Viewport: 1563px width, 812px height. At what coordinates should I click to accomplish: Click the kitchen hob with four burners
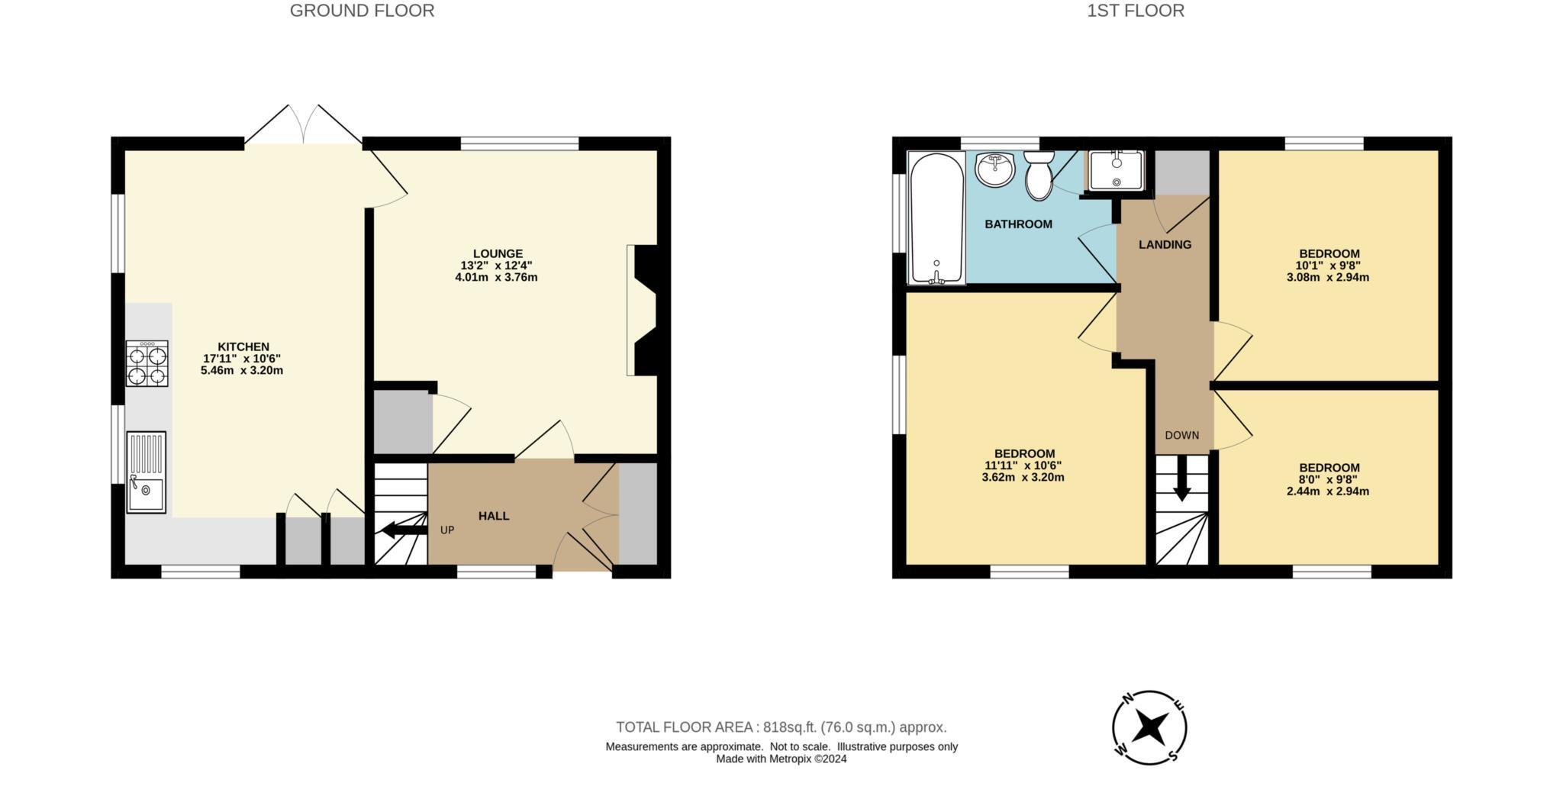(147, 364)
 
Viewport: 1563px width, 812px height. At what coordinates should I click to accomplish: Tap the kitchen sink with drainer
(146, 472)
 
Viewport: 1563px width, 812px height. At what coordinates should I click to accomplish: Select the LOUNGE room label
(498, 253)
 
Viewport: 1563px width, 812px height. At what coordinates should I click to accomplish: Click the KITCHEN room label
(243, 346)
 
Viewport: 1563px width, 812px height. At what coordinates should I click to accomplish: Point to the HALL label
(494, 516)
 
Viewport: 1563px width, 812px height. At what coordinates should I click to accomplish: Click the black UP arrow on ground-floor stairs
(403, 529)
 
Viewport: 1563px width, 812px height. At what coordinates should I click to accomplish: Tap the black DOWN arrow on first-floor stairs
(1181, 481)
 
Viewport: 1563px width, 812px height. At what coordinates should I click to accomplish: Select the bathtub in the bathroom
(936, 218)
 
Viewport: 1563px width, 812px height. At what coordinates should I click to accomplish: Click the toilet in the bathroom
(1038, 176)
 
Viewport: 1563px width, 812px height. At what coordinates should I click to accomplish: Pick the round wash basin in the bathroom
(995, 169)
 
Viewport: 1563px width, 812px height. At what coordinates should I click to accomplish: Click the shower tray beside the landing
(1116, 169)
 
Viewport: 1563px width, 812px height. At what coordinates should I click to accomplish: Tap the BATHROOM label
(1018, 224)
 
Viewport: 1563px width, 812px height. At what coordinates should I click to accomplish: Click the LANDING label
(1165, 245)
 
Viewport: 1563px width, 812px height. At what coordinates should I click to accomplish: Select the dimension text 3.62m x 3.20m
(1023, 478)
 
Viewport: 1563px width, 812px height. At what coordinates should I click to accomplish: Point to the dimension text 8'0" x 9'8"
(1328, 480)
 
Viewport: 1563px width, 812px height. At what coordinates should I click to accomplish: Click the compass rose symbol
(1149, 727)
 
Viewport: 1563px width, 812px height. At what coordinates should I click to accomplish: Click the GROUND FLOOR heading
(362, 11)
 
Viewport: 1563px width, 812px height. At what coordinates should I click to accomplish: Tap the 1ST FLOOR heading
(1136, 11)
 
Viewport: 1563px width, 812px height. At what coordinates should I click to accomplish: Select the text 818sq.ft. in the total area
(790, 727)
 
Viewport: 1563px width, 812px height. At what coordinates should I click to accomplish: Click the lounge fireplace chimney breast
(645, 310)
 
